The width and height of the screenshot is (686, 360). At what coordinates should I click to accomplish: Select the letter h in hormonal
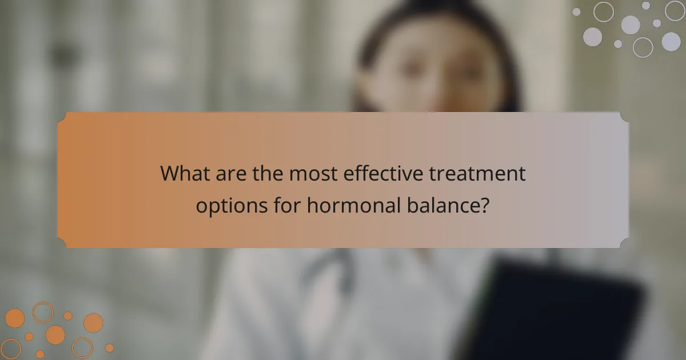tap(313, 205)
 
